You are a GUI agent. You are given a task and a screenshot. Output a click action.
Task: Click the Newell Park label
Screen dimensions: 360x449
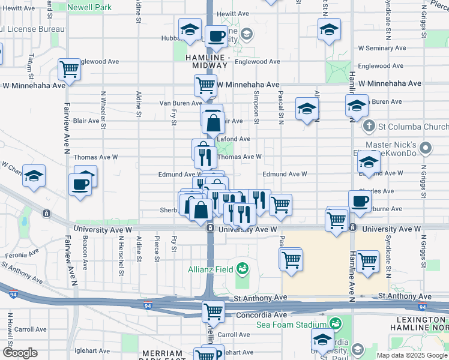[x=89, y=8]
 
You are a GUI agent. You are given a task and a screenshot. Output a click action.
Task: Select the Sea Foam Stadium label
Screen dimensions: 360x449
[x=291, y=324]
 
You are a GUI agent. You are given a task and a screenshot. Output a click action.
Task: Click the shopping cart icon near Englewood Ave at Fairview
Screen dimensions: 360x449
[x=70, y=69]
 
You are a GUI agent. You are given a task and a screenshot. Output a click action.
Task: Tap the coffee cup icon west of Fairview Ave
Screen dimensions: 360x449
[x=80, y=184]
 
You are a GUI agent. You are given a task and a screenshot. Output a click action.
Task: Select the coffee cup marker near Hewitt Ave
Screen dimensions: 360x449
[x=216, y=36]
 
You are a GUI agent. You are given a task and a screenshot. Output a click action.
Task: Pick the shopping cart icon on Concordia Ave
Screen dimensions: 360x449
[x=213, y=311]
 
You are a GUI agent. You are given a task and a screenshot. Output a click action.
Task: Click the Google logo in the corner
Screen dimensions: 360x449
[x=20, y=353]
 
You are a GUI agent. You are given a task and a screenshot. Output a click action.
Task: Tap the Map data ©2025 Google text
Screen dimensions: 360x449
[x=412, y=355]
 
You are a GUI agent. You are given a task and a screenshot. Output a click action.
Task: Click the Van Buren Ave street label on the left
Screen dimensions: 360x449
[x=179, y=103]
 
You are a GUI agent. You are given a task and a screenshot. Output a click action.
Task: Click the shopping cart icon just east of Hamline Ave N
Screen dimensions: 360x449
[x=367, y=261]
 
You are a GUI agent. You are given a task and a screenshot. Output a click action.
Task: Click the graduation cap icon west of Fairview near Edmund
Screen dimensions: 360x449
[x=34, y=175]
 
